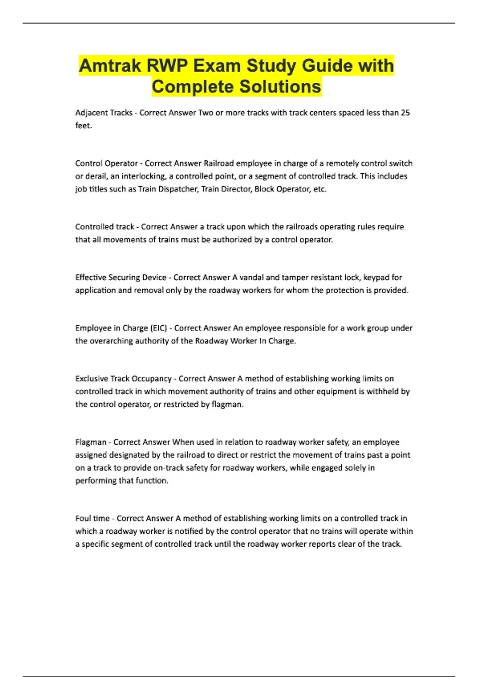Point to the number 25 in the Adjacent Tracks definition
pyautogui.click(x=405, y=113)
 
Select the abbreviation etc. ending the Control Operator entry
pyautogui.click(x=320, y=189)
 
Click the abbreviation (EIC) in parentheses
pyautogui.click(x=159, y=328)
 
